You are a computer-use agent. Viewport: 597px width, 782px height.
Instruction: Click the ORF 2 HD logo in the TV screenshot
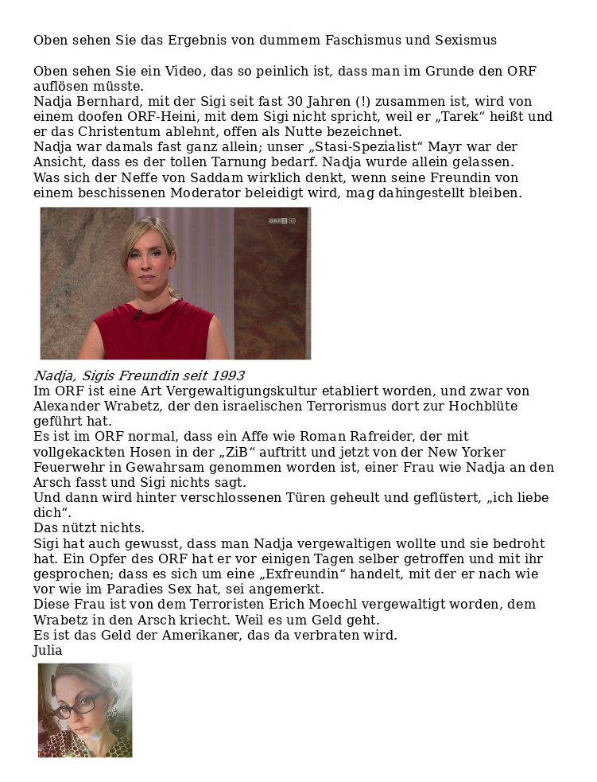tap(281, 220)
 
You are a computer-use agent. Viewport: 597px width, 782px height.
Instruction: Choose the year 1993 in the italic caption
tap(227, 375)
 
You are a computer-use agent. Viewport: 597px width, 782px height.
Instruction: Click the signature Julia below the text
tap(48, 651)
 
